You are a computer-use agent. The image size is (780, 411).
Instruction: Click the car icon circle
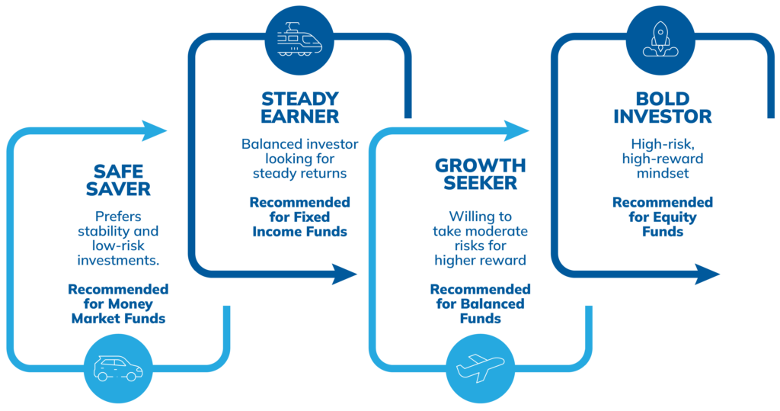click(x=118, y=368)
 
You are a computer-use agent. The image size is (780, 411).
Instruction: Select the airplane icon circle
click(x=480, y=368)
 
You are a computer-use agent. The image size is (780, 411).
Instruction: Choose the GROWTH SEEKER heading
click(x=480, y=174)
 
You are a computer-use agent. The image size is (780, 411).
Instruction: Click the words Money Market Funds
click(x=118, y=311)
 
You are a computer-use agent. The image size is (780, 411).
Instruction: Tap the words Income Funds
click(x=300, y=231)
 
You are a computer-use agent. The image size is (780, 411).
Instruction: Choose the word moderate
click(x=499, y=231)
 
